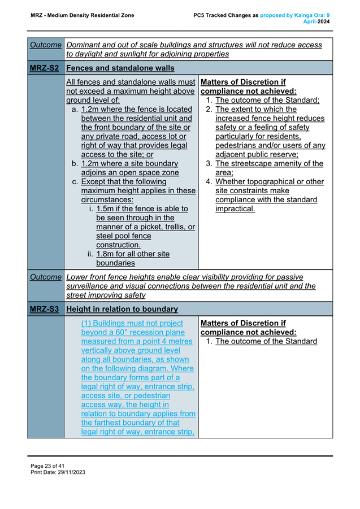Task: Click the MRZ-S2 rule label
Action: (x=45, y=68)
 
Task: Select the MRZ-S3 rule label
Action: (x=45, y=309)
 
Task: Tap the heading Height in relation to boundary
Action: (x=122, y=309)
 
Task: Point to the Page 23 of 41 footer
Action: (x=49, y=466)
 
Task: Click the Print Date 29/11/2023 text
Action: (x=58, y=472)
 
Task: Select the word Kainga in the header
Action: (x=301, y=15)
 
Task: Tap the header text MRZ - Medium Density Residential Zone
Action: (x=83, y=15)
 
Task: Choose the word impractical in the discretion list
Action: (x=235, y=208)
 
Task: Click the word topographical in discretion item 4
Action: (x=276, y=181)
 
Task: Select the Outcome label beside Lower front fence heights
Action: (x=45, y=277)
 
